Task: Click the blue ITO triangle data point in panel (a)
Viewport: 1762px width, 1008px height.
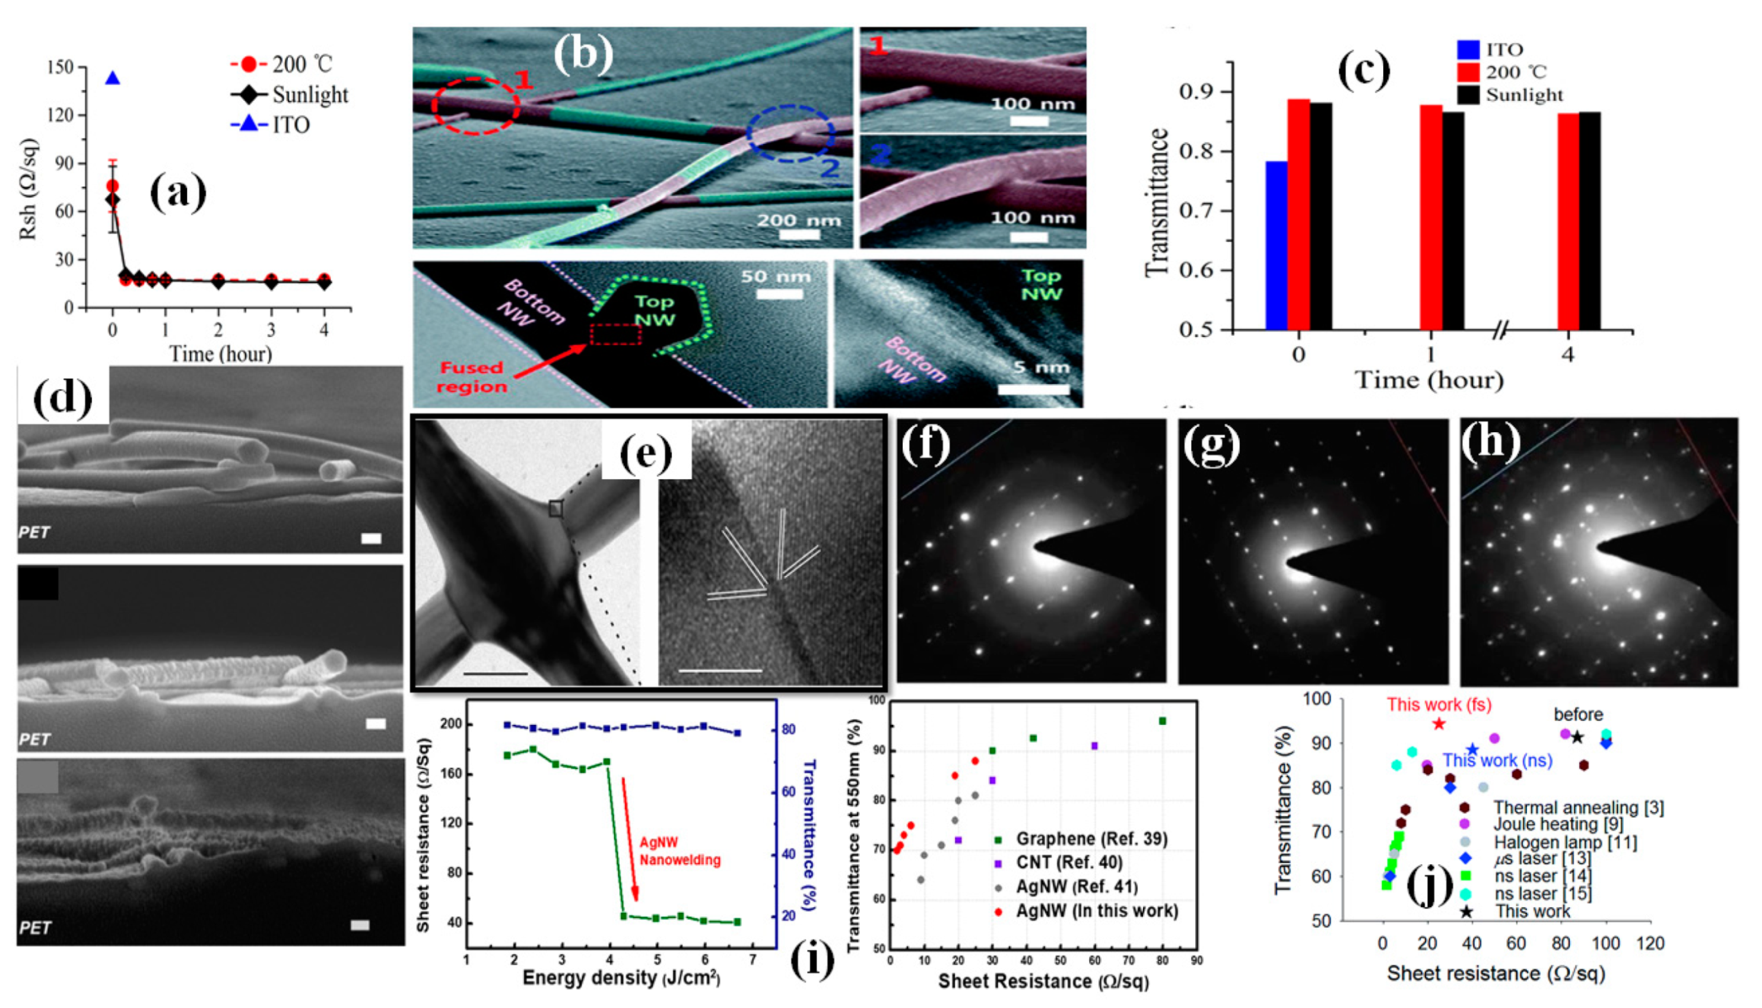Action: pyautogui.click(x=113, y=78)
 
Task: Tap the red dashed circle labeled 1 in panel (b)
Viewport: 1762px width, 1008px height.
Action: pyautogui.click(x=475, y=106)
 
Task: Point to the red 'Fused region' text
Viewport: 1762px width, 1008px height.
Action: pyautogui.click(x=472, y=378)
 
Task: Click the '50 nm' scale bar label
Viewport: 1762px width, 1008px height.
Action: pyautogui.click(x=775, y=276)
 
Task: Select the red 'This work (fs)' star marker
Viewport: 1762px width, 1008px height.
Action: pyautogui.click(x=1439, y=724)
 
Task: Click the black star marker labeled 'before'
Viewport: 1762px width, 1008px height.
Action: pyautogui.click(x=1577, y=737)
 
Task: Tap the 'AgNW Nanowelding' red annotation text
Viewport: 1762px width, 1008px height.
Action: pyautogui.click(x=680, y=851)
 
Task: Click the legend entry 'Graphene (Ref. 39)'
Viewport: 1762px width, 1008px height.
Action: pyautogui.click(x=1091, y=839)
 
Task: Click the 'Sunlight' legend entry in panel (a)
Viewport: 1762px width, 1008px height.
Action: pyautogui.click(x=309, y=95)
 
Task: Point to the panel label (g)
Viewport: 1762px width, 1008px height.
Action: pyautogui.click(x=1211, y=445)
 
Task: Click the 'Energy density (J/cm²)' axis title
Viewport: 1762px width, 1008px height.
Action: pyautogui.click(x=621, y=978)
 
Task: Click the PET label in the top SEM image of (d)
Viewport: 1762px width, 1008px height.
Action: pyautogui.click(x=34, y=532)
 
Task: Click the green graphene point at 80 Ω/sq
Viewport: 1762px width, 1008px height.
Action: pyautogui.click(x=1163, y=721)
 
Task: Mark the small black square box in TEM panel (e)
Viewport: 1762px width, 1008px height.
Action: pyautogui.click(x=555, y=509)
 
